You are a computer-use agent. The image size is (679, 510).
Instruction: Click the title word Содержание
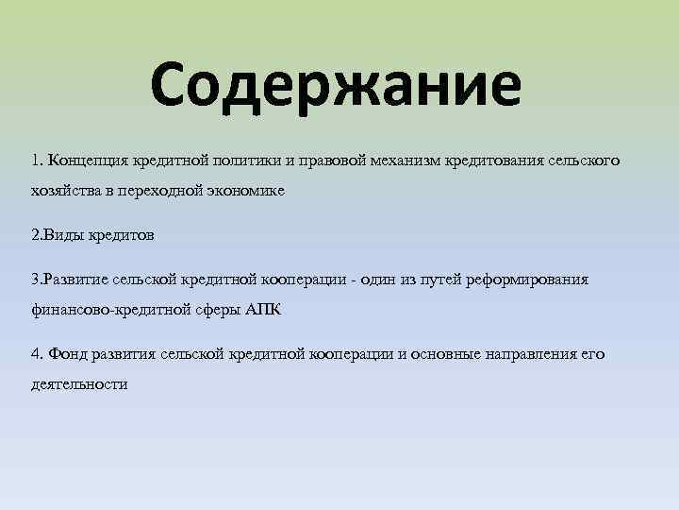point(335,85)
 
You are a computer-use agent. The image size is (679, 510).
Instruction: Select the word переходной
point(166,189)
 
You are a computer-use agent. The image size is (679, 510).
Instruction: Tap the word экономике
point(244,189)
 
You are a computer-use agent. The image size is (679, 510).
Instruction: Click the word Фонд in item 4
point(67,353)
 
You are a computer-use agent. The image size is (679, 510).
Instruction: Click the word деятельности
point(79,383)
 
